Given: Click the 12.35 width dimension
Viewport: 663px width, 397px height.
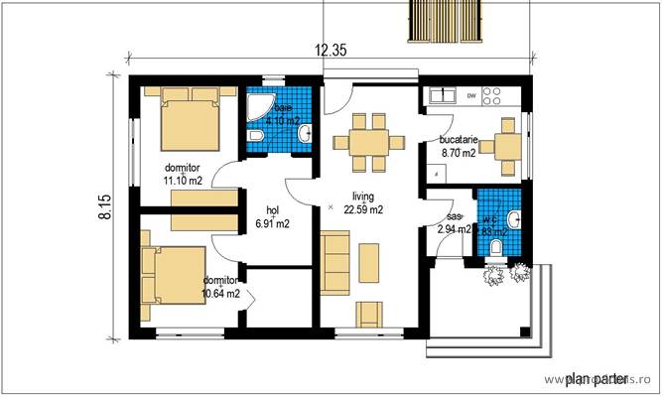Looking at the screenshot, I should tap(331, 51).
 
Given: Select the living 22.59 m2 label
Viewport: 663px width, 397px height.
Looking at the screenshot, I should tap(362, 202).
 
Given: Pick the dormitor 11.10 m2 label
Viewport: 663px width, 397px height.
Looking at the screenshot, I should tap(184, 175).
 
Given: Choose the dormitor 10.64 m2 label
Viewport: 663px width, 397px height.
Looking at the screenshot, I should tap(220, 287).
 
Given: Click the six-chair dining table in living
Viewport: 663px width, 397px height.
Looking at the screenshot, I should tap(368, 141).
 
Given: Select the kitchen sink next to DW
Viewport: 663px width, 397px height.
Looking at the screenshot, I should tap(441, 96).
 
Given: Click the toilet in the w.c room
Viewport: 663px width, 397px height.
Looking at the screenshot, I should tap(498, 247).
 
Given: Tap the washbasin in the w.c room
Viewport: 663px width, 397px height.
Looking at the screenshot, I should tap(515, 217).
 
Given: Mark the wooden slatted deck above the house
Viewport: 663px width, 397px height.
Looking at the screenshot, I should tap(444, 20).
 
